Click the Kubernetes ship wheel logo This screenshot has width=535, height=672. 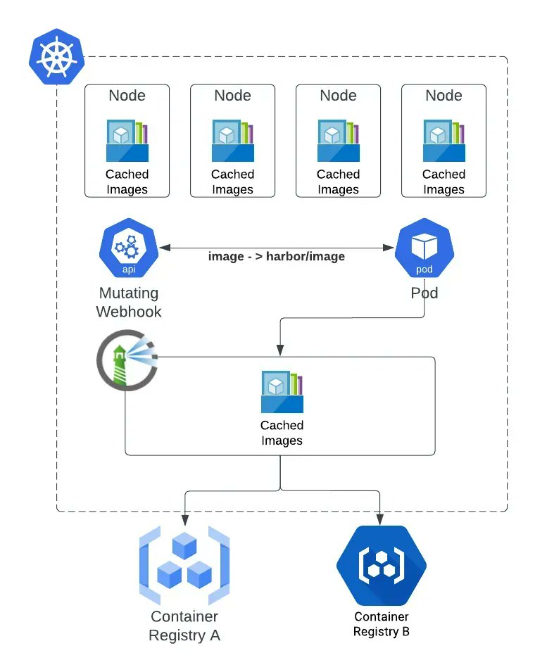coord(56,56)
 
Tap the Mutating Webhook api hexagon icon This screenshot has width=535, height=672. coord(129,248)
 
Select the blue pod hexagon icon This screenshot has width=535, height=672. coord(424,248)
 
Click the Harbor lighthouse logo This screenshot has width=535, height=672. coord(127,360)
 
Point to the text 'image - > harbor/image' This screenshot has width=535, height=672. coord(277,256)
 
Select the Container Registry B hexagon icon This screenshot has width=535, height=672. coord(382,565)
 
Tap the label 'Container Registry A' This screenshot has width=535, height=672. coord(184,626)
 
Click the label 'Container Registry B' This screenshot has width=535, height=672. coord(382,624)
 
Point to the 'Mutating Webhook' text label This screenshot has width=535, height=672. coord(129,302)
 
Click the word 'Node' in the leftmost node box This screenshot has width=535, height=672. coord(127,95)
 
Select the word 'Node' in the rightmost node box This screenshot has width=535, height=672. coord(443,95)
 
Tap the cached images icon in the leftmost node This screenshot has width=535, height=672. coord(127,141)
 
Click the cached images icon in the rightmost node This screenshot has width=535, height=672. coord(444,141)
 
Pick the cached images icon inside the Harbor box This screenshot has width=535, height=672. coord(282,392)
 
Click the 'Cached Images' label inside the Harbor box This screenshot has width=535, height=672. coord(282,433)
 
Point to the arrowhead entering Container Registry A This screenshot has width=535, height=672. coord(184,519)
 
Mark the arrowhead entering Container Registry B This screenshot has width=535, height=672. coord(380,519)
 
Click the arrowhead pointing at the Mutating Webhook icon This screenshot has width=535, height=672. coord(165,248)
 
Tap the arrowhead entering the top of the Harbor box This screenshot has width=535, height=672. coord(280,350)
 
